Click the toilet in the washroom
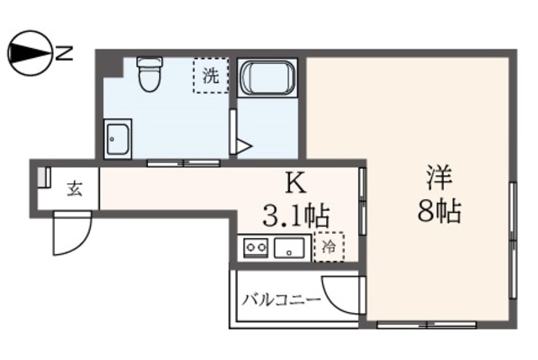[150, 74]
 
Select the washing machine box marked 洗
[210, 76]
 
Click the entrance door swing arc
[71, 234]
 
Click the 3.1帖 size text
[296, 215]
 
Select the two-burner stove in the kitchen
[256, 247]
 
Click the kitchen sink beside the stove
[290, 248]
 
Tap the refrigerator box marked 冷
[329, 246]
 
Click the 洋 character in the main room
[439, 178]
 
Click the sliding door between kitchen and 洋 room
[362, 202]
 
